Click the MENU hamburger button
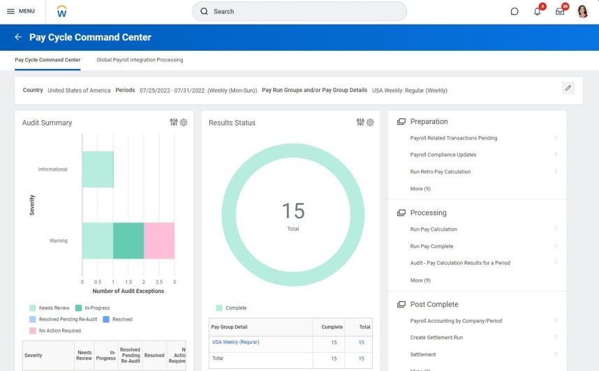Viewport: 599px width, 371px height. point(20,11)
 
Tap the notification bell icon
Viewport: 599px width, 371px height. point(537,11)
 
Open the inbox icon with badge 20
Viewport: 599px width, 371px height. point(560,11)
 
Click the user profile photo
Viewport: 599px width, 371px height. point(582,11)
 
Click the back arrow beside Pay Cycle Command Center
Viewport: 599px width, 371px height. point(18,37)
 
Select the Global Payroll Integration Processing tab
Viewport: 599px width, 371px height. point(140,60)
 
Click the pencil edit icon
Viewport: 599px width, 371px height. point(568,88)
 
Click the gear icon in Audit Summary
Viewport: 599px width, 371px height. point(184,122)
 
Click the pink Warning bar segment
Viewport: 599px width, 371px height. point(159,241)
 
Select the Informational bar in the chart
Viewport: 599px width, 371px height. point(98,169)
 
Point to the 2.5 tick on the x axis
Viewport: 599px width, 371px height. point(159,282)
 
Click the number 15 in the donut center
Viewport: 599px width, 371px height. point(293,211)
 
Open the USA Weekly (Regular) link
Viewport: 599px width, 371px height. point(235,342)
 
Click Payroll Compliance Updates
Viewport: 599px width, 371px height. point(443,155)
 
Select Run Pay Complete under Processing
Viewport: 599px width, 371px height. point(431,246)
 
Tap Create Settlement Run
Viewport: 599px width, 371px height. point(436,338)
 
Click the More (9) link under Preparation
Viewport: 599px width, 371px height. point(420,188)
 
